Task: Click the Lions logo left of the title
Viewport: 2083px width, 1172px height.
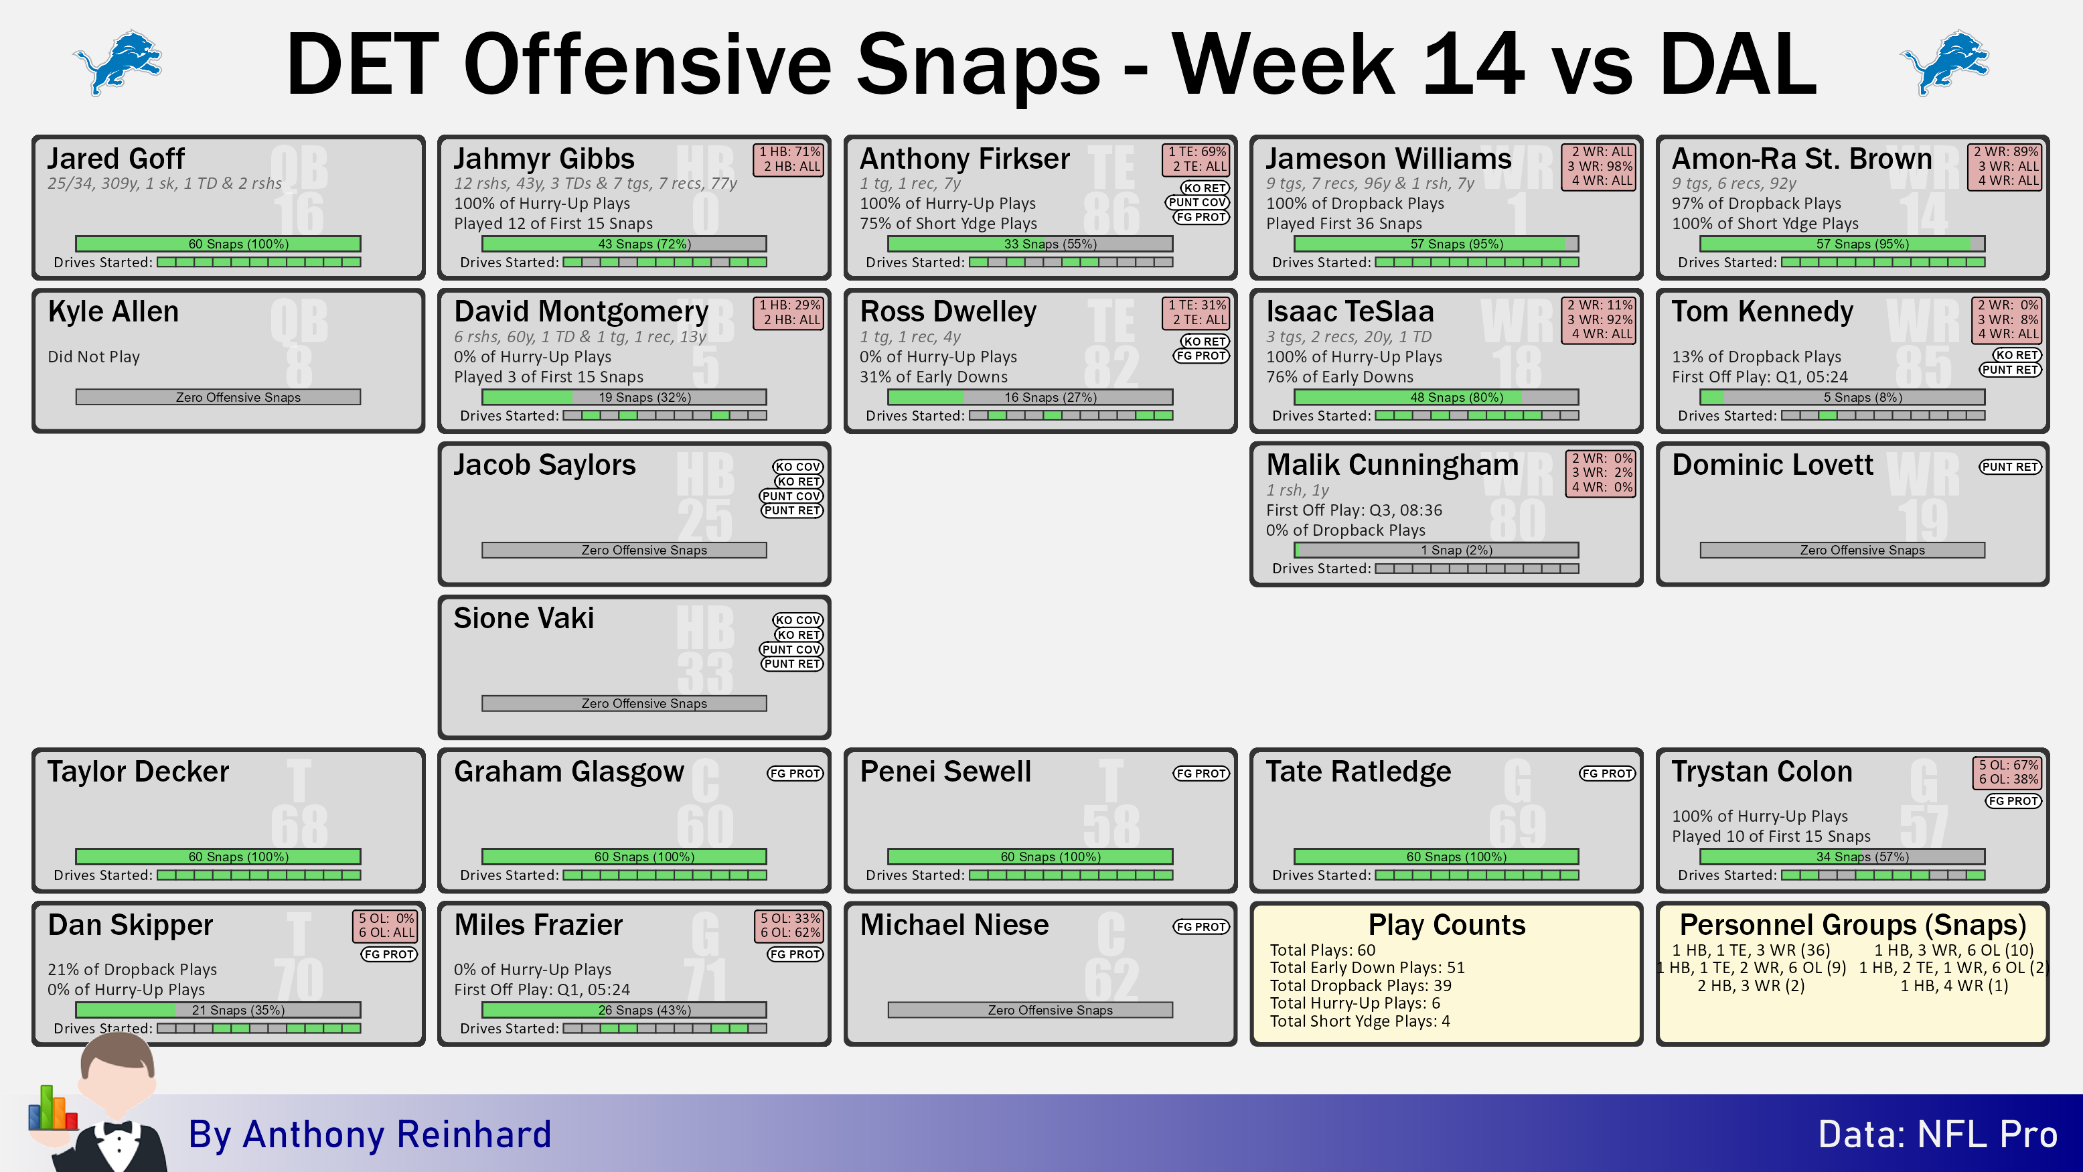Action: [x=118, y=62]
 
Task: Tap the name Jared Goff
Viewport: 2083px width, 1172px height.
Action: [x=117, y=159]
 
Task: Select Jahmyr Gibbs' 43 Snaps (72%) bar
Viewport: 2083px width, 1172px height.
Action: [x=624, y=244]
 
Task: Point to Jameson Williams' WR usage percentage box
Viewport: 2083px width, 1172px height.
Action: [x=1600, y=167]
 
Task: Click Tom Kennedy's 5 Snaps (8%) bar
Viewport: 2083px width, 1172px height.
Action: [x=1842, y=397]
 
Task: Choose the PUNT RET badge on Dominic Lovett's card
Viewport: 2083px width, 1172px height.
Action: [x=2010, y=467]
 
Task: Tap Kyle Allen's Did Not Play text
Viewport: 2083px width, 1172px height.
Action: [x=94, y=357]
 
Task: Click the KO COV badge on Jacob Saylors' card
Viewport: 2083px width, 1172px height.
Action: [x=797, y=467]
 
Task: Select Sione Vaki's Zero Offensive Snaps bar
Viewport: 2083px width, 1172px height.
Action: [x=624, y=704]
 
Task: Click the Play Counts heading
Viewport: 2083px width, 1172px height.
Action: [x=1447, y=924]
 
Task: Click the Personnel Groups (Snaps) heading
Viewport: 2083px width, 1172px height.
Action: [x=1853, y=924]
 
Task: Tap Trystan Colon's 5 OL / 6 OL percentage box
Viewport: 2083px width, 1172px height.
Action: [x=2009, y=772]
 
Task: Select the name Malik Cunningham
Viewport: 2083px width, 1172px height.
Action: [x=1391, y=465]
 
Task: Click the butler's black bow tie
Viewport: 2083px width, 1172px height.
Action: [x=117, y=1128]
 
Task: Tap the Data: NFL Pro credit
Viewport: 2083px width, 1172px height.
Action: [x=1938, y=1134]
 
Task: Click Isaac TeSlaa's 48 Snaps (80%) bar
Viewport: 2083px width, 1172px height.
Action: [x=1436, y=397]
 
